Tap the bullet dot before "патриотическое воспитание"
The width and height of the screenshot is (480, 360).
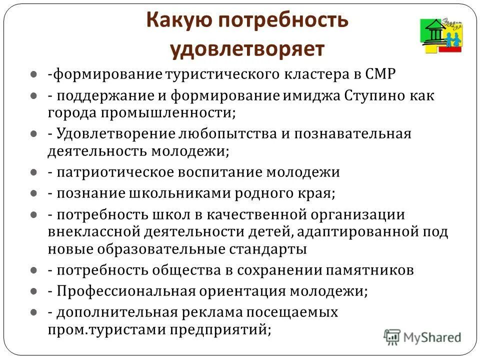[33, 172]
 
